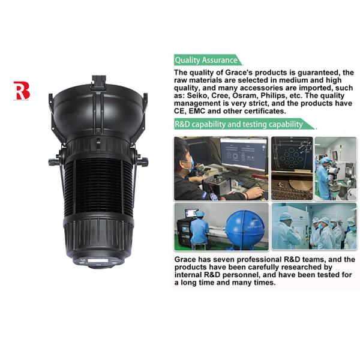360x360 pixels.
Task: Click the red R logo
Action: point(22,91)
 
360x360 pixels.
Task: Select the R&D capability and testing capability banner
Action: point(240,124)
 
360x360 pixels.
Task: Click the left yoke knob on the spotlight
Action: point(53,161)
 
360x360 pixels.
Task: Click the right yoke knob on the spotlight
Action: point(143,161)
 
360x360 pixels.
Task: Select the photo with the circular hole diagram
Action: point(291,168)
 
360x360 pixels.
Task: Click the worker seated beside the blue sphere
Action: point(199,227)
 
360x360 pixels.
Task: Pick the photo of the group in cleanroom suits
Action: point(314,226)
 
